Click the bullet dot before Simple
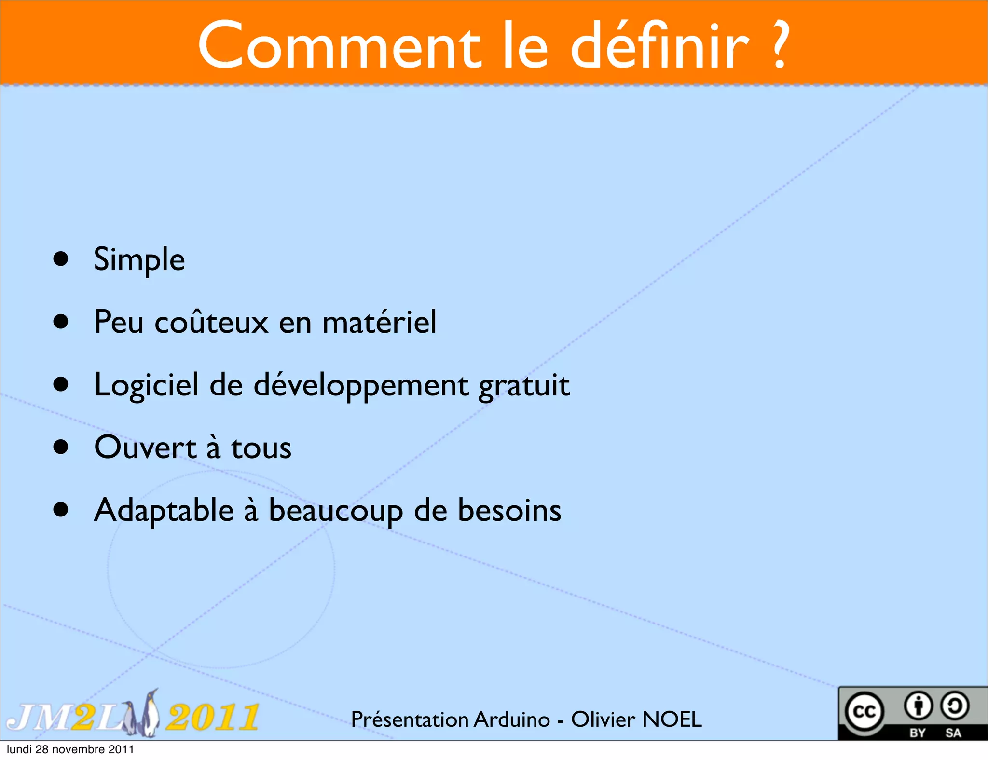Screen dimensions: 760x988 coord(61,259)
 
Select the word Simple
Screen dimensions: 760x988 coord(139,259)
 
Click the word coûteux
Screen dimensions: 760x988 coord(211,322)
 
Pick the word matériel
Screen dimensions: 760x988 coord(379,322)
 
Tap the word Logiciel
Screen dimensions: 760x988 coord(146,385)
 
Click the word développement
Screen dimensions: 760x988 coord(361,385)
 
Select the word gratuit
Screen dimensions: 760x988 coord(524,385)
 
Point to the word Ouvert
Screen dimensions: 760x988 coord(145,448)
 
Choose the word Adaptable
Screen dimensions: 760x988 coord(164,510)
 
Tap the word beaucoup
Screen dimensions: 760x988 coord(335,510)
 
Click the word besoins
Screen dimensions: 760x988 coord(509,510)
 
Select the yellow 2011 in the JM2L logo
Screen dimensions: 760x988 coord(212,717)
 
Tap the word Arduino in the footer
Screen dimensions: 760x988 coord(512,719)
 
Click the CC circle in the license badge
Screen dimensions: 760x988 coord(864,711)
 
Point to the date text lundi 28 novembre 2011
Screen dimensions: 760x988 coord(70,749)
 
